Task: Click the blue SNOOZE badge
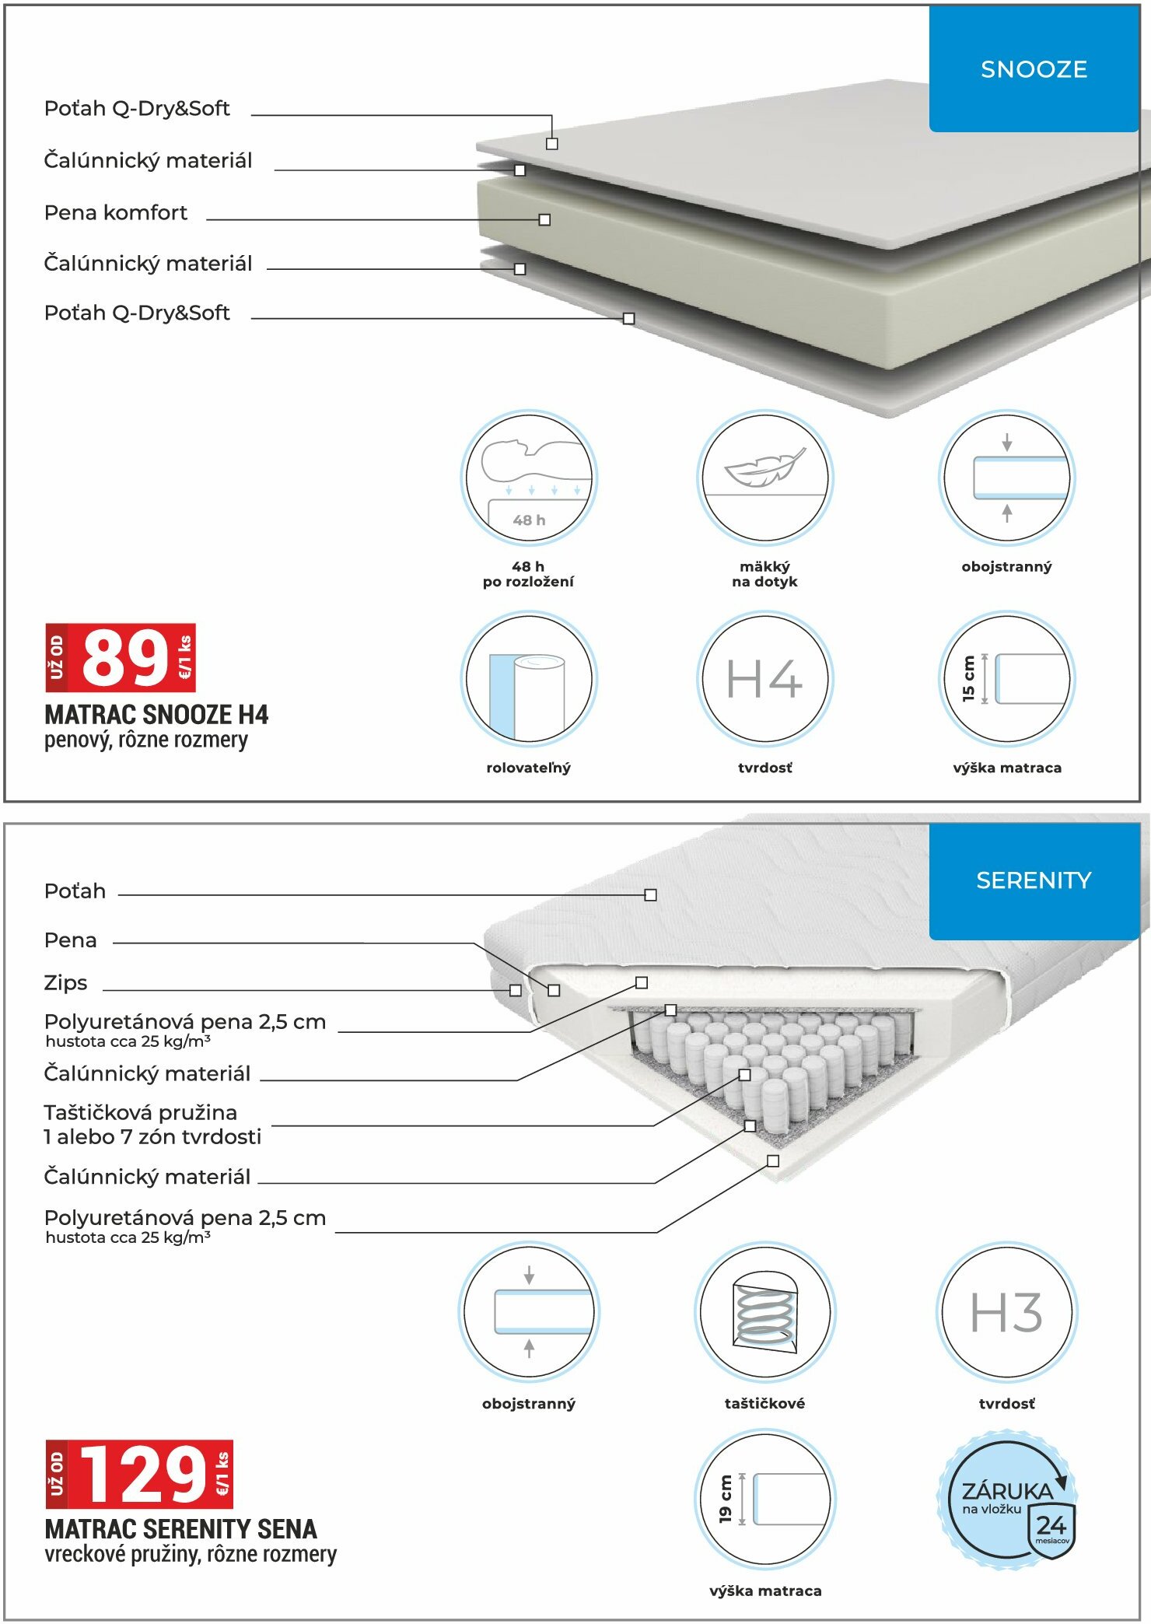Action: pyautogui.click(x=1033, y=69)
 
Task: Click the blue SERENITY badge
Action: pyautogui.click(x=1033, y=880)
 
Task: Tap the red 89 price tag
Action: pyautogui.click(x=121, y=658)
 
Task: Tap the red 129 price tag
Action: pyautogui.click(x=140, y=1474)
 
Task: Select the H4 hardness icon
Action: pyautogui.click(x=764, y=679)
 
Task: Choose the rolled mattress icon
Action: pyautogui.click(x=529, y=679)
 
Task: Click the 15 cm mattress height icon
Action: pyautogui.click(x=1006, y=679)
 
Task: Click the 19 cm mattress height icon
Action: pyautogui.click(x=764, y=1499)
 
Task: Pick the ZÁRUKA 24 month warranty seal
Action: pyautogui.click(x=1008, y=1499)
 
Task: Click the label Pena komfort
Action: pyautogui.click(x=116, y=212)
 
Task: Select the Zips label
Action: pyautogui.click(x=66, y=983)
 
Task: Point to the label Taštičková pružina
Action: pyautogui.click(x=141, y=1113)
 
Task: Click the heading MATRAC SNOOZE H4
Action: pyautogui.click(x=156, y=715)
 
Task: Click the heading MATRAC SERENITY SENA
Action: pyautogui.click(x=180, y=1529)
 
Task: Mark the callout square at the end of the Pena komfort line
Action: pyautogui.click(x=544, y=220)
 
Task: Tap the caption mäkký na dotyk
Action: pyautogui.click(x=764, y=574)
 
